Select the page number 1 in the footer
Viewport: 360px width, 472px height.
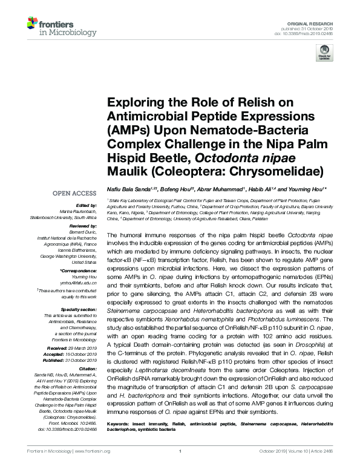point(180,466)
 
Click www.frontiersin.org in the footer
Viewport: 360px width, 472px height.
point(96,466)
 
